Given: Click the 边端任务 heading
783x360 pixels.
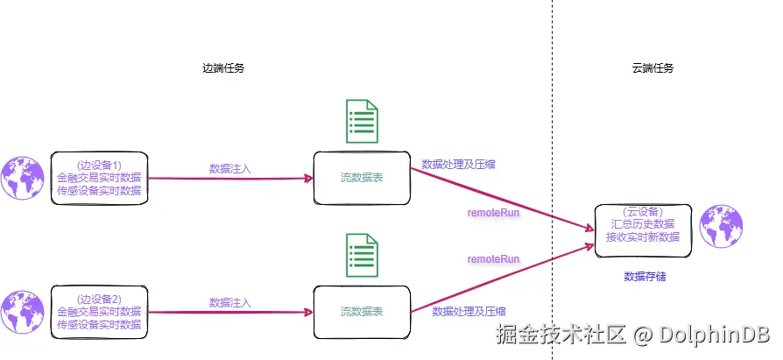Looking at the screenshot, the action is point(223,68).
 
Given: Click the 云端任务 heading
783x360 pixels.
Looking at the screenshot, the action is point(652,68).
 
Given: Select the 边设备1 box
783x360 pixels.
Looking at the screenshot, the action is point(99,179).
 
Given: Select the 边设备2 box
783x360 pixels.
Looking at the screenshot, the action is point(99,312).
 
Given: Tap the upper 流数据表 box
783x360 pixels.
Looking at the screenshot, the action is point(362,178).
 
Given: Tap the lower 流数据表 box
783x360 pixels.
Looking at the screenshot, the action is point(362,312).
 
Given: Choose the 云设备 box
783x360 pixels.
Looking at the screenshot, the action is point(643,230).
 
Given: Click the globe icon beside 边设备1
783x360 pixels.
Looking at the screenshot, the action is point(22,179).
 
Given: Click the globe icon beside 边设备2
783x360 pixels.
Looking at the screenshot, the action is point(22,312).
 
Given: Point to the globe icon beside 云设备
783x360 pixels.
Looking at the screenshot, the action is point(721,226).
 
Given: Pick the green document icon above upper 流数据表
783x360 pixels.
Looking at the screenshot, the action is point(362,122).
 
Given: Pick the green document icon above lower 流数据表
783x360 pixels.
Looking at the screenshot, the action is point(362,255).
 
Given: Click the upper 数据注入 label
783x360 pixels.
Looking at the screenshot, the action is point(230,169).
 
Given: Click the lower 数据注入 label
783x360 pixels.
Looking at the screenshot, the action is point(230,302).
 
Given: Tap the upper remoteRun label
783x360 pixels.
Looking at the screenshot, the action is point(493,213).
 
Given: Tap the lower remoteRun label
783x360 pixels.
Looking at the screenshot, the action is point(493,259).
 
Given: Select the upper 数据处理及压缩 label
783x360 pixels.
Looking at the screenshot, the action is point(458,165).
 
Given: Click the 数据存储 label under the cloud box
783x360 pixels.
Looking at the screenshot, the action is point(645,276).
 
